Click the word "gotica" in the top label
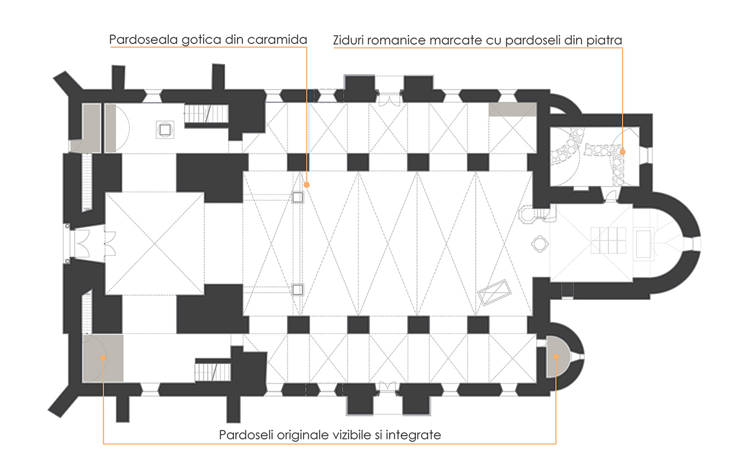tap(201, 40)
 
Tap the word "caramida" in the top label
tap(277, 39)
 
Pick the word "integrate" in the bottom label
tap(413, 435)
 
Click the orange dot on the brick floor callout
tap(306, 185)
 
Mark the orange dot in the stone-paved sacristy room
tap(622, 152)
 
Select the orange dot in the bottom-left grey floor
tap(103, 358)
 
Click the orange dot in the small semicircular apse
tap(556, 357)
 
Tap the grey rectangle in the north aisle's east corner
tap(513, 110)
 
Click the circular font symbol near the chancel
tap(539, 243)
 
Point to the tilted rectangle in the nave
tap(494, 293)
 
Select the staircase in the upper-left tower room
tap(206, 113)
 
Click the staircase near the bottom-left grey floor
tap(213, 372)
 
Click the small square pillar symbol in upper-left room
tap(165, 129)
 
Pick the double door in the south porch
tap(387, 387)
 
